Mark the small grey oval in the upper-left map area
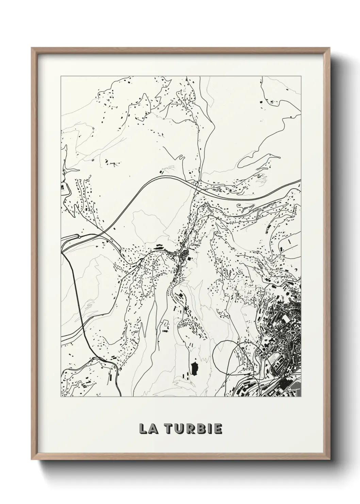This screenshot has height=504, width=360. point(93,159)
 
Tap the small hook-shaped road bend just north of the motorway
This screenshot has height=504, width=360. point(181,158)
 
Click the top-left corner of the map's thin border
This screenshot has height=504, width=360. point(61,77)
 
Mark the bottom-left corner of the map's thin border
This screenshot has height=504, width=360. point(61,397)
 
